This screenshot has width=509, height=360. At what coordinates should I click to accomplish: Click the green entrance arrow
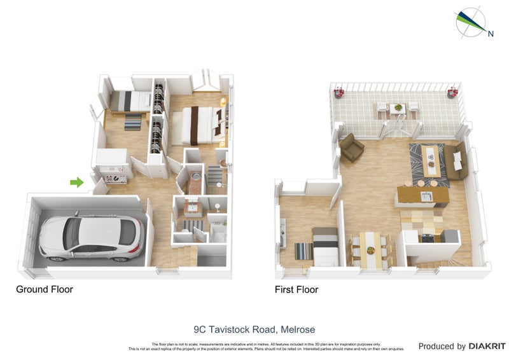(x=76, y=183)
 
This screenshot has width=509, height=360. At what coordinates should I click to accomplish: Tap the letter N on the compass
(x=491, y=34)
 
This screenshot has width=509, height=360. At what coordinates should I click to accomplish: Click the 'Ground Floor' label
(x=45, y=289)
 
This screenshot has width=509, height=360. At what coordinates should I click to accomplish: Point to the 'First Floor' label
(x=296, y=289)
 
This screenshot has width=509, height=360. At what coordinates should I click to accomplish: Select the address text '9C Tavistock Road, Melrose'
(x=254, y=329)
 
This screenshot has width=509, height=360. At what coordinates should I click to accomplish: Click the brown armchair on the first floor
(x=351, y=148)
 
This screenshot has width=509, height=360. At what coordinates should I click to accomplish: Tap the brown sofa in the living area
(x=456, y=161)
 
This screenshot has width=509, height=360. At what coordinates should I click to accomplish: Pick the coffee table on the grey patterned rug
(x=432, y=159)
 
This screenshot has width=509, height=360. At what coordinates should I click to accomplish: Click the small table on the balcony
(x=398, y=109)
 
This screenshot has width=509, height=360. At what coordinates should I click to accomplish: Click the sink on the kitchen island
(x=426, y=195)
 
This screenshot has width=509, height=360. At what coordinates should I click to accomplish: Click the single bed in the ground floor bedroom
(x=130, y=100)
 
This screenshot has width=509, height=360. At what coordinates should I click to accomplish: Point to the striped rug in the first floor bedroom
(x=303, y=251)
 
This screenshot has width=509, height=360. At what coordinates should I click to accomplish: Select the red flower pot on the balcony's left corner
(x=338, y=93)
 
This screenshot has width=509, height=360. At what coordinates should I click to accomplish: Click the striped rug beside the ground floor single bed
(x=133, y=121)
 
